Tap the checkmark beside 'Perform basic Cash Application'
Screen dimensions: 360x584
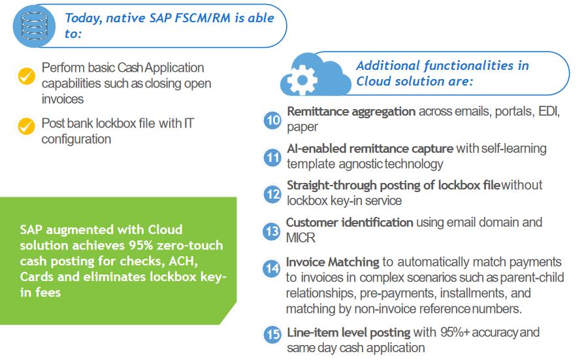26,76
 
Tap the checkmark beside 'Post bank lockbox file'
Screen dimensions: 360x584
26,125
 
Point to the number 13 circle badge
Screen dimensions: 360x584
272,231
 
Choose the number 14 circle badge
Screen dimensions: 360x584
272,269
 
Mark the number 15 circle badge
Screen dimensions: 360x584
272,335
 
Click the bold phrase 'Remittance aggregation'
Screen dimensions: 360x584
351,112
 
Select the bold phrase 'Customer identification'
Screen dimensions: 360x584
349,223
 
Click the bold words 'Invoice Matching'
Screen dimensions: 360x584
333,262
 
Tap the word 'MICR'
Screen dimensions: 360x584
301,238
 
